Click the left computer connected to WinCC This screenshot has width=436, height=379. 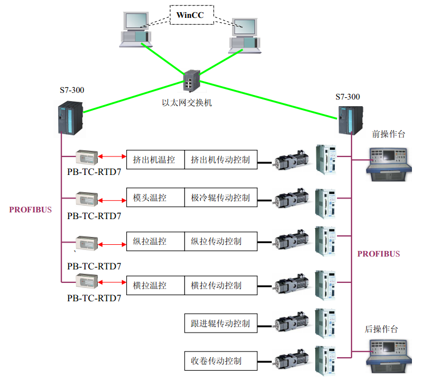coord(136,31)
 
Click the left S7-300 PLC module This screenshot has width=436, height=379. coord(70,117)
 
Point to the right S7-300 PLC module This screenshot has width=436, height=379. coord(350,119)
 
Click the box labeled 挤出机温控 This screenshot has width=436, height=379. coord(155,160)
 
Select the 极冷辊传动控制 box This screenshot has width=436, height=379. coord(221,198)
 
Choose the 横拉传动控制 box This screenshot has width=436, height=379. coord(221,285)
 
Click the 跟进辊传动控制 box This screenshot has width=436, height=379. coord(221,323)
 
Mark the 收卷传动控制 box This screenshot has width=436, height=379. coord(221,361)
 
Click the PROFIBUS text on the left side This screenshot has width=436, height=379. coord(30,210)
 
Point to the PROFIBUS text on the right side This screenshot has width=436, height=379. coord(379,254)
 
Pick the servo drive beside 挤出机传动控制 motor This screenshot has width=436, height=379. coord(327,159)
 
